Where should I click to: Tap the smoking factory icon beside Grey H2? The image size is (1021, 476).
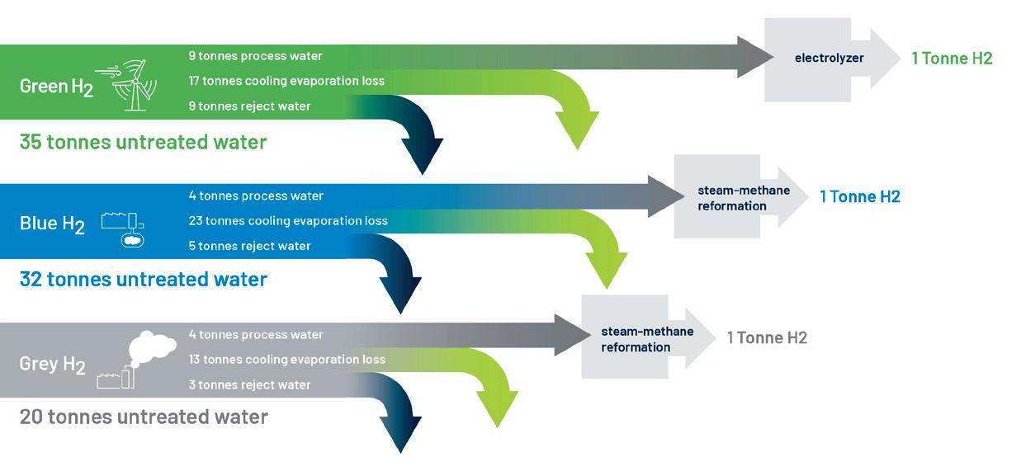pyautogui.click(x=136, y=360)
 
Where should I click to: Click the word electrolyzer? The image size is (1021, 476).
pyautogui.click(x=830, y=59)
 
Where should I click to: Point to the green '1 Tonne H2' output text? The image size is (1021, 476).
pyautogui.click(x=952, y=59)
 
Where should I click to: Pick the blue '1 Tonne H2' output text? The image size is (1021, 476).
pyautogui.click(x=860, y=197)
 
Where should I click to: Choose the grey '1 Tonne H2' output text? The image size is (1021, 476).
pyautogui.click(x=767, y=338)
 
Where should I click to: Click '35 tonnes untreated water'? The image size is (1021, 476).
pyautogui.click(x=143, y=142)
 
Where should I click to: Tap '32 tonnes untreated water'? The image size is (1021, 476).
pyautogui.click(x=143, y=279)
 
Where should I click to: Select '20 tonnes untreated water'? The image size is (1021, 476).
pyautogui.click(x=144, y=417)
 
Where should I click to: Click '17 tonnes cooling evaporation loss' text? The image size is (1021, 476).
pyautogui.click(x=286, y=81)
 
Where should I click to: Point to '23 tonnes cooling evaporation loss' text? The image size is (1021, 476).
pyautogui.click(x=288, y=221)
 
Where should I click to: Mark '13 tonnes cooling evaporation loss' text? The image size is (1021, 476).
pyautogui.click(x=287, y=360)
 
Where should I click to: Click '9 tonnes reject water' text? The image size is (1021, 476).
pyautogui.click(x=249, y=106)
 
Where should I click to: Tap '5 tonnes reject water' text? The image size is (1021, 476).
pyautogui.click(x=249, y=246)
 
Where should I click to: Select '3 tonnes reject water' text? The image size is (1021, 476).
pyautogui.click(x=249, y=385)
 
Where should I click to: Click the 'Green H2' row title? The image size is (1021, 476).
pyautogui.click(x=56, y=87)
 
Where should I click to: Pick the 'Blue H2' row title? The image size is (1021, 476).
pyautogui.click(x=52, y=224)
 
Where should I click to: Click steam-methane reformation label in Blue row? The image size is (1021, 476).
pyautogui.click(x=744, y=198)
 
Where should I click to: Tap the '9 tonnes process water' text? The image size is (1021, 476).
pyautogui.click(x=256, y=56)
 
